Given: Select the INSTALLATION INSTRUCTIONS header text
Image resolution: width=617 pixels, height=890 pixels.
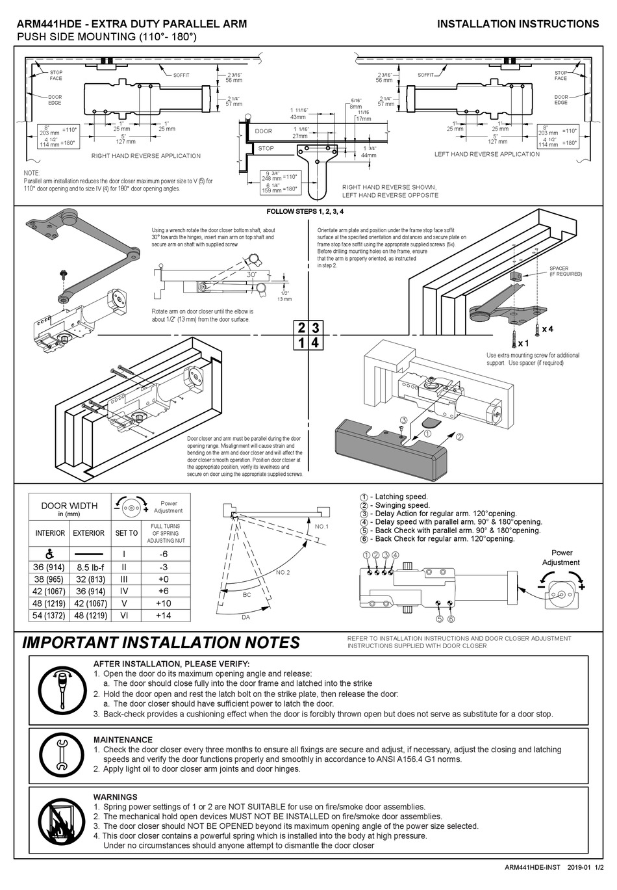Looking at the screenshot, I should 518,24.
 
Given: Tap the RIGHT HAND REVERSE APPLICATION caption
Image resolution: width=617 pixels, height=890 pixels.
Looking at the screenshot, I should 146,156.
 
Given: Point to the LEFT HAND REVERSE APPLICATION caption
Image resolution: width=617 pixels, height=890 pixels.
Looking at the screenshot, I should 486,155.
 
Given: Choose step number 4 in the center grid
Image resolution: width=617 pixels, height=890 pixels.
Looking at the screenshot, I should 316,343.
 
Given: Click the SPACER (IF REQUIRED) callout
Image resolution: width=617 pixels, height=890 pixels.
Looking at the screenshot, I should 566,271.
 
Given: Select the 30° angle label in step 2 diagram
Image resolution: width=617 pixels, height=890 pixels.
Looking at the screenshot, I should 251,275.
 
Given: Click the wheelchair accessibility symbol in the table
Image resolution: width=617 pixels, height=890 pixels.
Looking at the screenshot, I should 49,554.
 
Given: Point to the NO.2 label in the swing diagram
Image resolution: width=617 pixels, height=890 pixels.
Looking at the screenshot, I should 283,572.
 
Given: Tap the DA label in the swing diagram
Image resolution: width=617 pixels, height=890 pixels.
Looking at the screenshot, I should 246,618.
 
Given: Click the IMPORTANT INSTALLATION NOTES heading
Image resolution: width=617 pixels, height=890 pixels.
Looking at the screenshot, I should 161,643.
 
